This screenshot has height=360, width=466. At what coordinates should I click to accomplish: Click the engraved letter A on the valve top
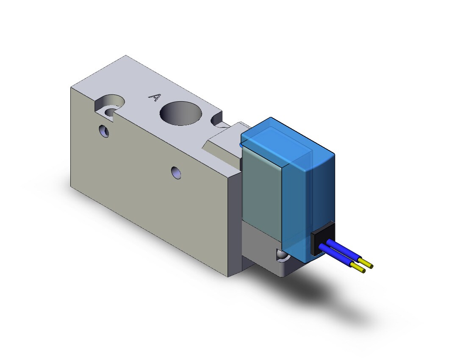click(x=155, y=97)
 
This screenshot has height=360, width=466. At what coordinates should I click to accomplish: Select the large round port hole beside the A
click(x=181, y=114)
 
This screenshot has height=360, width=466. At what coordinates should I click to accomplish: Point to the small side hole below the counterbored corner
click(x=104, y=131)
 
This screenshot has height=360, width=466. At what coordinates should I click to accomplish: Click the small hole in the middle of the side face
click(x=176, y=173)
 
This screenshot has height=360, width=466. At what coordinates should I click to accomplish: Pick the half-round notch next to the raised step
click(x=216, y=120)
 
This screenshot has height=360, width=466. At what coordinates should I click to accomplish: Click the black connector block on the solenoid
click(x=322, y=239)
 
